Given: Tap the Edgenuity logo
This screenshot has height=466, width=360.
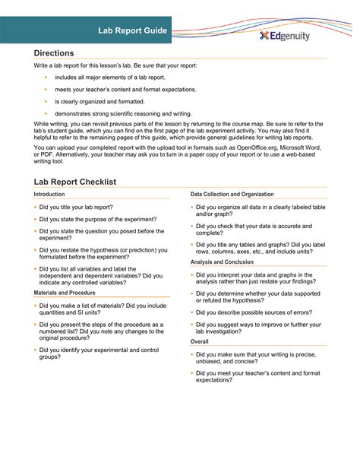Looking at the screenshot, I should coord(284,35).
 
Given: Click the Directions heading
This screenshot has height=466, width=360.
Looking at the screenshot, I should coord(54,53).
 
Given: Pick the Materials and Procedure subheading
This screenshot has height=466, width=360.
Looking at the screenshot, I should coord(65,293).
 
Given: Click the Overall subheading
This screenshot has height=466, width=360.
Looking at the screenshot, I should coord(201,341).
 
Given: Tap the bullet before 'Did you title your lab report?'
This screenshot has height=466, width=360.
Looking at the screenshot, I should coord(35,207).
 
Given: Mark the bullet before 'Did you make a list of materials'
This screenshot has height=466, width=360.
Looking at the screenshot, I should coord(35,305).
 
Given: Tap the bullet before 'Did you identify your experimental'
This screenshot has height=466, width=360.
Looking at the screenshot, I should coord(35,349).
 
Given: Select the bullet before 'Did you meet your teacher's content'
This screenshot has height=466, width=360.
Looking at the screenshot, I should coord(191,373).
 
